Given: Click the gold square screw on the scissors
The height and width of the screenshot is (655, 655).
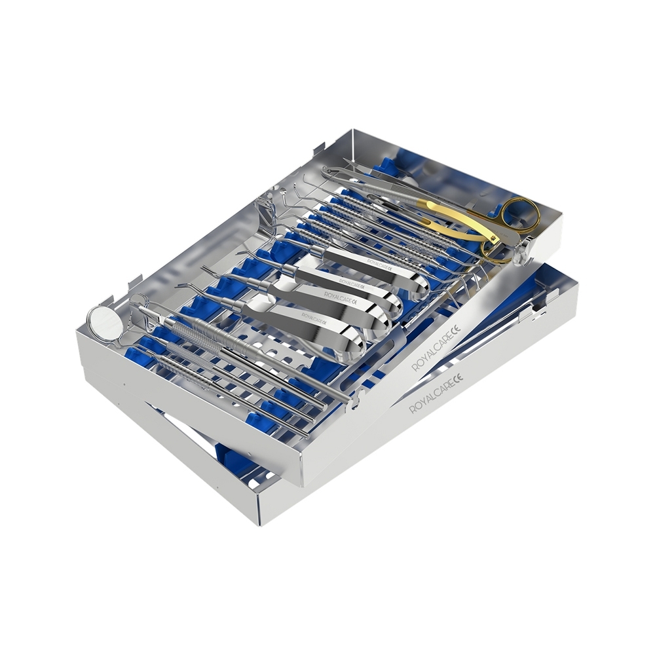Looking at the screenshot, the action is click(x=495, y=238).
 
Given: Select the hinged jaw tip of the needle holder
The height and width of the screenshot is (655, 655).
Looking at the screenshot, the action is click(x=328, y=171).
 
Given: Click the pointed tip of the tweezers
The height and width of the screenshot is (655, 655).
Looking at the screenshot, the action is click(x=345, y=159).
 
